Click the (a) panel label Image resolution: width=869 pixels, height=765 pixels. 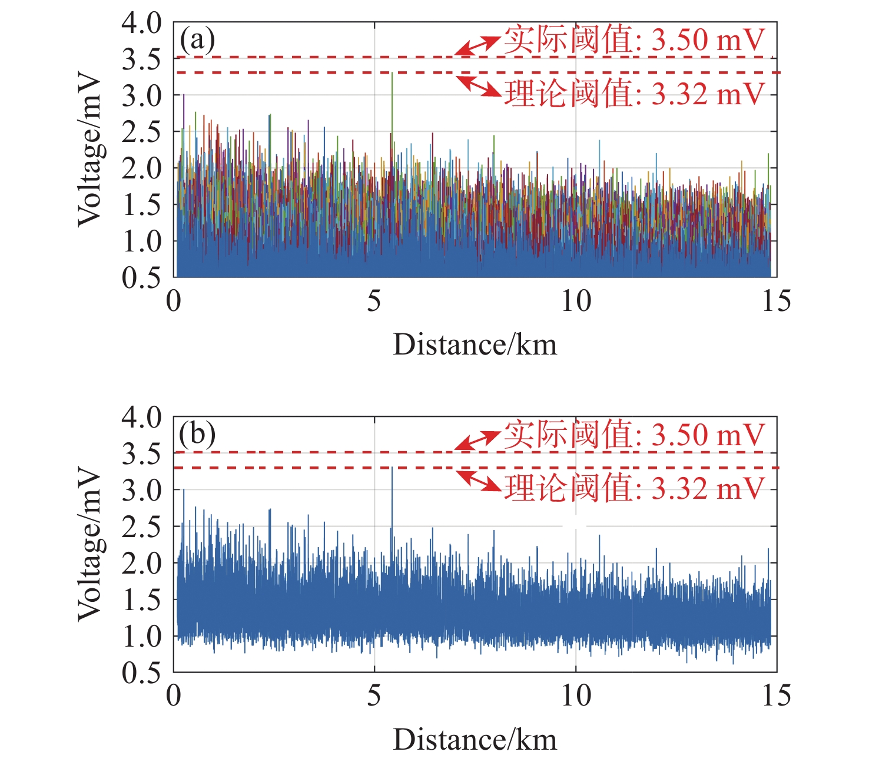tap(197, 40)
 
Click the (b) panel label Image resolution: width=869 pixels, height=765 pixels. tap(197, 435)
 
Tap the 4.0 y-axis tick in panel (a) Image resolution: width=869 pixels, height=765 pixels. tap(141, 24)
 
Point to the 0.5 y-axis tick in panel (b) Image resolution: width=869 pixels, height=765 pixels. tap(141, 673)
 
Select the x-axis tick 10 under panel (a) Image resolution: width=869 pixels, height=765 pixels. tap(575, 302)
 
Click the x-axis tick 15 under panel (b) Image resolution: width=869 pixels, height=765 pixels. tap(776, 696)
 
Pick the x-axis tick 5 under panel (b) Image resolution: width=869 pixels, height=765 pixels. tap(374, 696)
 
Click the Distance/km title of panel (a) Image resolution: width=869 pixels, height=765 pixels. tap(475, 345)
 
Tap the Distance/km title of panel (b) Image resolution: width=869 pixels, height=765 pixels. tap(475, 740)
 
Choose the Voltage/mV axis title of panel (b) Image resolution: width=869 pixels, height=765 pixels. tap(89, 545)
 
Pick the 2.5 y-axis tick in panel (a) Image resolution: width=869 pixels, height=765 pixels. tap(141, 132)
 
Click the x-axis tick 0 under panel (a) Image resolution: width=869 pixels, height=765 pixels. tap(174, 302)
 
